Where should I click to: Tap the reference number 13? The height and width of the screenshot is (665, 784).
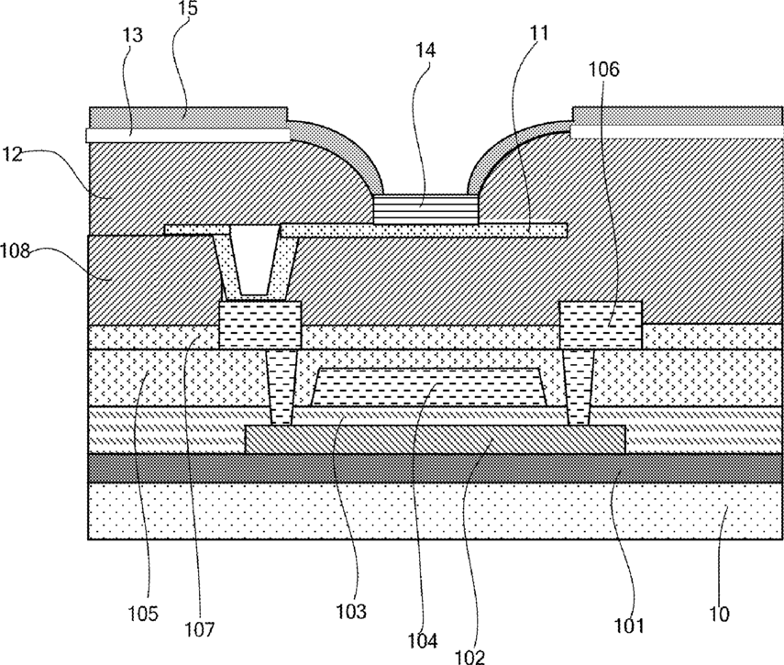point(132,35)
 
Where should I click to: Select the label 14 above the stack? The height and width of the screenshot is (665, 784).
point(425,50)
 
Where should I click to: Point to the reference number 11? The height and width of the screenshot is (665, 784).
point(538,32)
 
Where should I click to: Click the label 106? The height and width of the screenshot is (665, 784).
point(603,69)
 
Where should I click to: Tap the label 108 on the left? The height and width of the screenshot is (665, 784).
point(15,250)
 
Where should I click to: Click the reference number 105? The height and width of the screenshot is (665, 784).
point(142,613)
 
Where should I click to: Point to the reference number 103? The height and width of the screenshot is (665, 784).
point(351,611)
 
